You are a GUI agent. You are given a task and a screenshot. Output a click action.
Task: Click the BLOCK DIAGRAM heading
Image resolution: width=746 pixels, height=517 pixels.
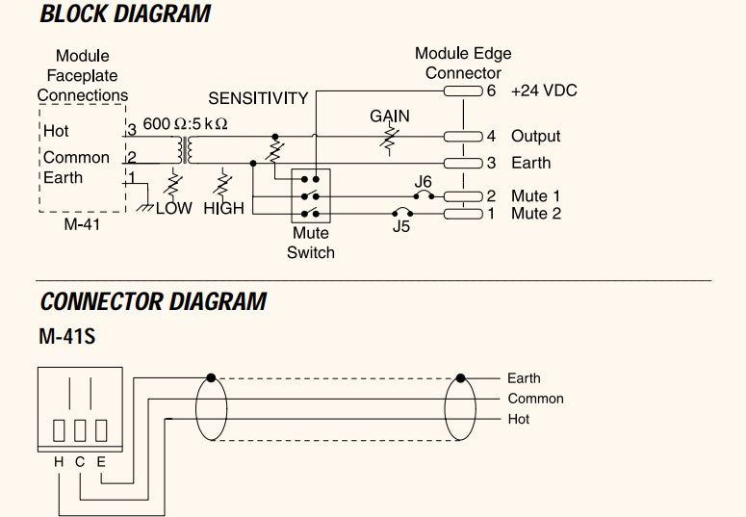click(125, 14)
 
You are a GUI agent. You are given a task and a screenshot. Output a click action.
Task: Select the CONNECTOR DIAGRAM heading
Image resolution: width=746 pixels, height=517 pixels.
click(153, 301)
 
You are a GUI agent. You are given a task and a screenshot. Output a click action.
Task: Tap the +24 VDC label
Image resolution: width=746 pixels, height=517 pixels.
click(544, 90)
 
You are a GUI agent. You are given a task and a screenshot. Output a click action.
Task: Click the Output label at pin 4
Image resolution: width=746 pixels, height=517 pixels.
click(535, 137)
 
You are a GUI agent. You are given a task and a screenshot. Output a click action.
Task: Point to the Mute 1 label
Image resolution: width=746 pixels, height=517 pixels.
click(535, 196)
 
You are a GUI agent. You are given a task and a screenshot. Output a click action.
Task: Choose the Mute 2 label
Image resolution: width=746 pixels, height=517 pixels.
click(535, 213)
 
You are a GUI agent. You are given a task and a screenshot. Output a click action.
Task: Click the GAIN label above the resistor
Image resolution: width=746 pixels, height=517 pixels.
click(390, 116)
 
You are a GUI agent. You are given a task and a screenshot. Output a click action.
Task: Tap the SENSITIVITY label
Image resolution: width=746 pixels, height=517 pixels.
click(258, 98)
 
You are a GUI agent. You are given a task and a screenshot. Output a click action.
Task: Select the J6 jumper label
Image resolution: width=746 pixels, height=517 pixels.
click(423, 181)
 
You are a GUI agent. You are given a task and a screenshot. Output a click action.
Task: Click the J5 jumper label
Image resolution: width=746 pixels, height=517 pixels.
click(401, 227)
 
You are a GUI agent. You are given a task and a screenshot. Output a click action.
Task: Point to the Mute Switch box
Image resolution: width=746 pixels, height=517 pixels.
click(310, 195)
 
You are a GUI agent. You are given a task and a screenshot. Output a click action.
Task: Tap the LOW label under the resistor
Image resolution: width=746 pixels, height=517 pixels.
click(174, 208)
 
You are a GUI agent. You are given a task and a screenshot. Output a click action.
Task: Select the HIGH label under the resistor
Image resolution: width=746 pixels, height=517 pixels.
click(223, 208)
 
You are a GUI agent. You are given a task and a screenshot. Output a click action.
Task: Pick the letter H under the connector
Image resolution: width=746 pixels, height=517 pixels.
click(59, 462)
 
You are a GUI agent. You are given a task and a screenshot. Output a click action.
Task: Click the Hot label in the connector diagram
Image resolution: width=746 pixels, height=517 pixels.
click(518, 420)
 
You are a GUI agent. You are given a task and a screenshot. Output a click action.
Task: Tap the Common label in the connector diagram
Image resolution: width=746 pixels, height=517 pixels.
click(535, 399)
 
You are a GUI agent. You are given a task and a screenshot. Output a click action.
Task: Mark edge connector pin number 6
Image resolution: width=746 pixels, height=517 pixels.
click(491, 90)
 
